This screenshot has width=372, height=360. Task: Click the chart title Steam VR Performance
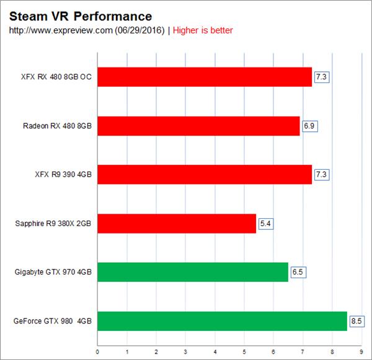tap(81, 15)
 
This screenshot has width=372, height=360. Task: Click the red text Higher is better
tap(203, 30)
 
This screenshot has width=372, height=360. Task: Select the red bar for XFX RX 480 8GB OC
tap(205, 77)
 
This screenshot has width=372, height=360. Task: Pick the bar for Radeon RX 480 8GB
tap(198, 126)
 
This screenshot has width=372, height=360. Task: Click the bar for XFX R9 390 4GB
tap(205, 175)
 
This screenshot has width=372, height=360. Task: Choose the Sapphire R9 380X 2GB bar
tap(177, 223)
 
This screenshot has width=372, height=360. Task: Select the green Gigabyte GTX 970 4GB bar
tap(193, 272)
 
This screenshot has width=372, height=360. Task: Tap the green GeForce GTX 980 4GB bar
tap(222, 320)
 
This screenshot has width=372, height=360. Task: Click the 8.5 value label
tap(356, 321)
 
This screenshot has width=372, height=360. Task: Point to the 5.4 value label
tap(265, 223)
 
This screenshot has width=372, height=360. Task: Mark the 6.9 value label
tap(309, 126)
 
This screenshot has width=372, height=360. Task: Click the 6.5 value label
tap(297, 272)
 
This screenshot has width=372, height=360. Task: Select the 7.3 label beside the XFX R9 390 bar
tap(321, 175)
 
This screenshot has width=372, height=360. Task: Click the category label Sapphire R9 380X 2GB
tap(53, 224)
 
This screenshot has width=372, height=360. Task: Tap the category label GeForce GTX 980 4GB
tap(52, 321)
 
